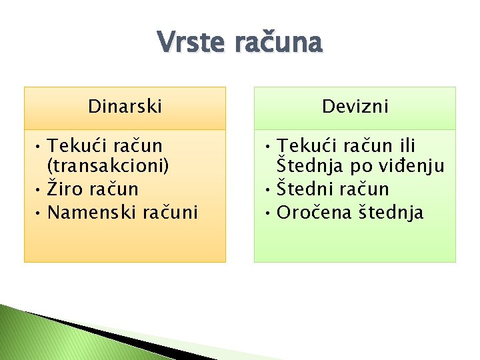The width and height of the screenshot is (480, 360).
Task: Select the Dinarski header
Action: pyautogui.click(x=125, y=107)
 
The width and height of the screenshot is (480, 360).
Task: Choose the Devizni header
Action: pyautogui.click(x=355, y=107)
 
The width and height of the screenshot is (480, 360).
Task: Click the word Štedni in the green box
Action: pyautogui.click(x=303, y=190)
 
